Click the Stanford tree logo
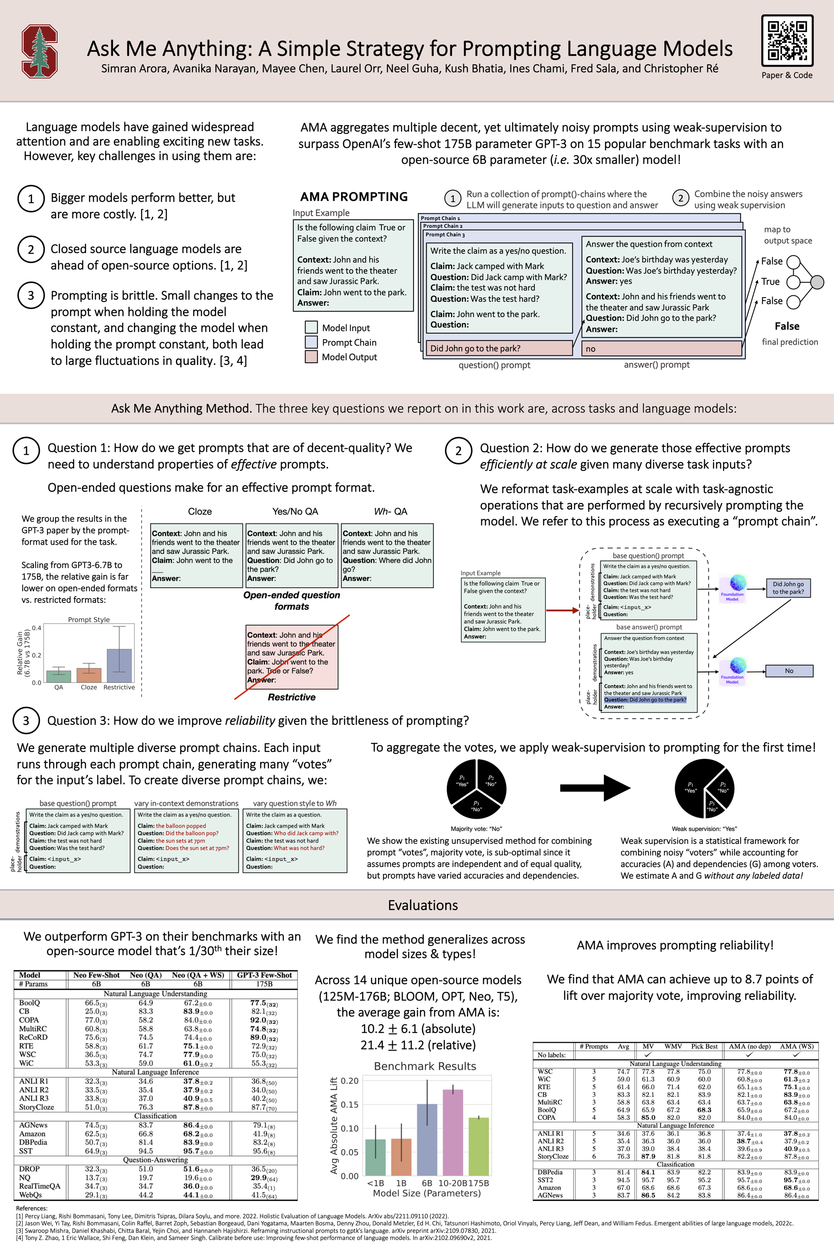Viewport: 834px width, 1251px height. [40, 51]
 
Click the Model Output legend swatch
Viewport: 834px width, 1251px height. [311, 356]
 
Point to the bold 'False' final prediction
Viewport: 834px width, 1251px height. [787, 326]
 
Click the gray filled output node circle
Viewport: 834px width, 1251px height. [817, 281]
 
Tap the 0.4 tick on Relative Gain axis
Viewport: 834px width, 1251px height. [36, 628]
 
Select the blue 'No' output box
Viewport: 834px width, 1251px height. [789, 671]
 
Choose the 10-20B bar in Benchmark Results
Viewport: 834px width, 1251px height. [453, 1132]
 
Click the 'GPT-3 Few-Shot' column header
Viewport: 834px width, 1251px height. [265, 975]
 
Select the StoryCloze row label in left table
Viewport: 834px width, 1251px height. [36, 1107]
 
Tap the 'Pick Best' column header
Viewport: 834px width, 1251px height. [704, 1046]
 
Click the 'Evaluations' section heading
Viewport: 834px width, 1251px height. [423, 905]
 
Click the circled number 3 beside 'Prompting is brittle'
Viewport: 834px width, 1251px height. [31, 295]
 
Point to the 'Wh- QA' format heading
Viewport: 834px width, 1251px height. [391, 511]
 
